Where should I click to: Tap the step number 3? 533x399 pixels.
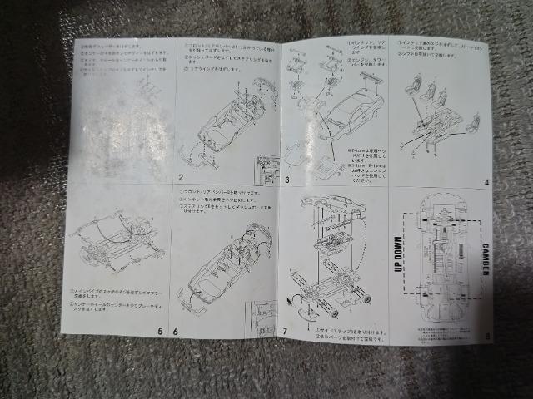pyautogui.click(x=287, y=178)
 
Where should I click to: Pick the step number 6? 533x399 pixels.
pyautogui.click(x=176, y=331)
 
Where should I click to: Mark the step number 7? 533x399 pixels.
pyautogui.click(x=286, y=332)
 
